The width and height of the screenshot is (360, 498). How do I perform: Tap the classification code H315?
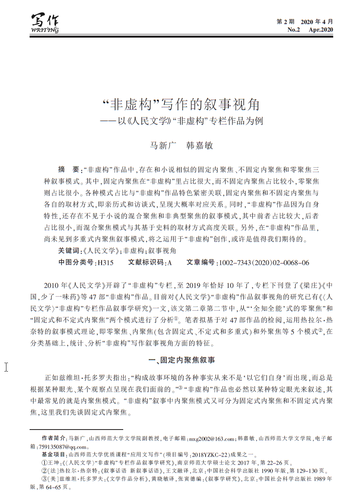click(106, 263)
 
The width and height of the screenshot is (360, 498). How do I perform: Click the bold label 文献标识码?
click(146, 263)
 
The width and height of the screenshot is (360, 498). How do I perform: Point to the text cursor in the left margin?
click(6, 366)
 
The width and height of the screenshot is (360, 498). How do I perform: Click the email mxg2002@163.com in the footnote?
click(211, 439)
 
